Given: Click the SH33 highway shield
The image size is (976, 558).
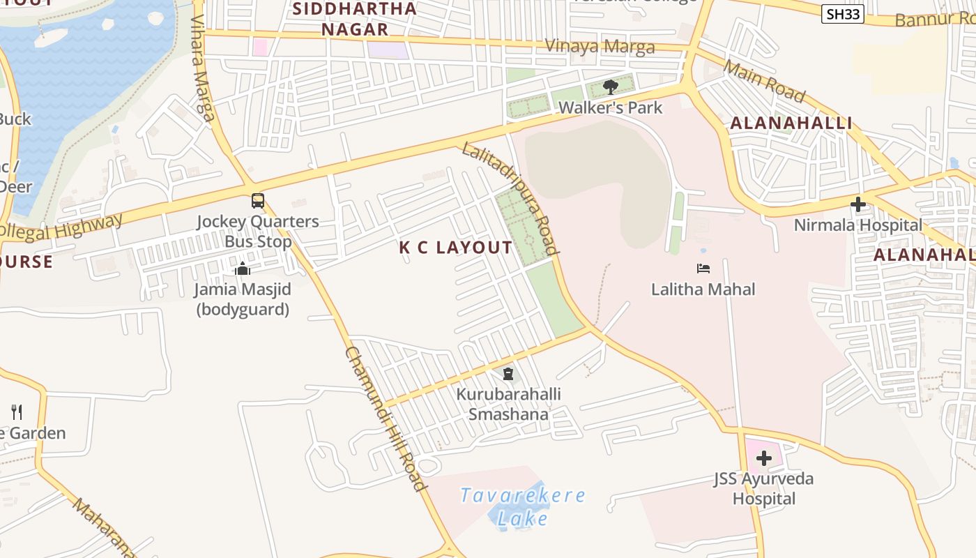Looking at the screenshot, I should [843, 14].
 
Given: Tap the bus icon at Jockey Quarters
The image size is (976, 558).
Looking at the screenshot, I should [258, 201].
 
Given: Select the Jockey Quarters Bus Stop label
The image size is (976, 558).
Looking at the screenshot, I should [258, 232].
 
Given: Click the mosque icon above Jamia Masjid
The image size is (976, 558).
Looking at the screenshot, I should [243, 269].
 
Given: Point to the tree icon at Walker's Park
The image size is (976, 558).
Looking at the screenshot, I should [611, 87].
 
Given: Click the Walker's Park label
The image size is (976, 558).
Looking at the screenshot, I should [611, 108].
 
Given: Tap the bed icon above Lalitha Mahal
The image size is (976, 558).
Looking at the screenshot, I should [703, 269].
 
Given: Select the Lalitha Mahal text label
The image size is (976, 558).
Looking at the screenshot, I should [703, 289].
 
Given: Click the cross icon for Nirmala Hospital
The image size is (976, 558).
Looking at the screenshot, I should [858, 204].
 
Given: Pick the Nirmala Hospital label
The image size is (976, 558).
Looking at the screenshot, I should [858, 225].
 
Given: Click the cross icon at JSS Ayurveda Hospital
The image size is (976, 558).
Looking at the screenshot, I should [764, 458].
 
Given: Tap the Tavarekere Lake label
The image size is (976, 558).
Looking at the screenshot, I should [523, 507].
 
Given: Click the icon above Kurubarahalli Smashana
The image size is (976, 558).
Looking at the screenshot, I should [508, 374].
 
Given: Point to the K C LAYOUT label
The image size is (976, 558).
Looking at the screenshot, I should [456, 248].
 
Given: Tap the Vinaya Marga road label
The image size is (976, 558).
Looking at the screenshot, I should [600, 47].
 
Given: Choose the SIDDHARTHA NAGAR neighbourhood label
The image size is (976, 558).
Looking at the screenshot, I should [355, 19].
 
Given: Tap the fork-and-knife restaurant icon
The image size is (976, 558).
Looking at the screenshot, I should [17, 412].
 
